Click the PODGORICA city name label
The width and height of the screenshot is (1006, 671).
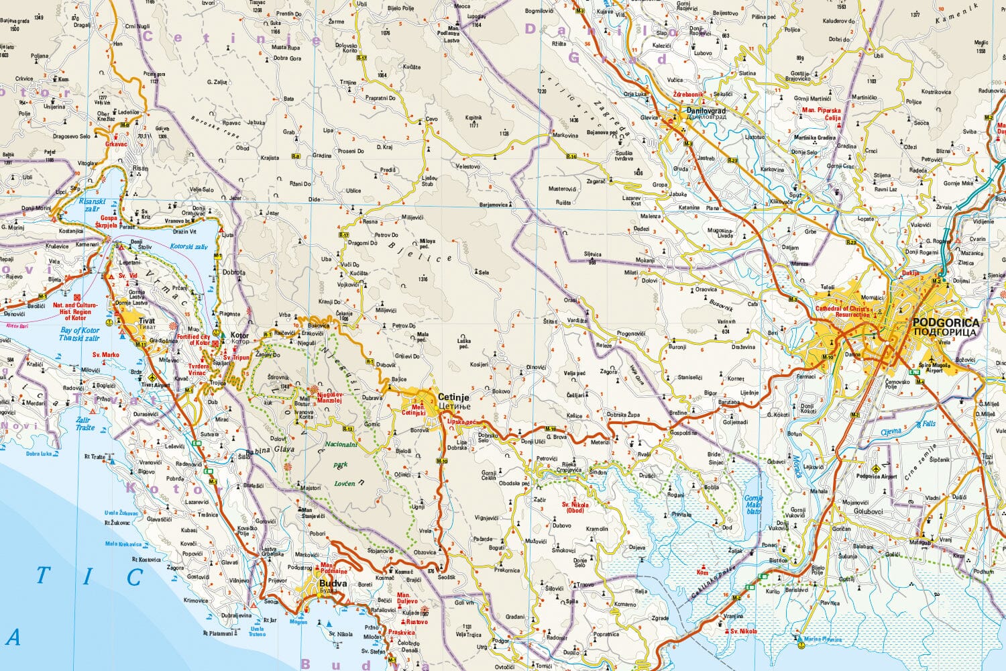[x=946, y=323]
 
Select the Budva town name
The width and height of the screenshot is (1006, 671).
[x=333, y=584]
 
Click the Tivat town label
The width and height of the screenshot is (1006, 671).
[x=146, y=321]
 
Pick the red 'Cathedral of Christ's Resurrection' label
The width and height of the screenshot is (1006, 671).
[x=843, y=311]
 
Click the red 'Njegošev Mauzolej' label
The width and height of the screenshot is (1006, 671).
[x=329, y=397]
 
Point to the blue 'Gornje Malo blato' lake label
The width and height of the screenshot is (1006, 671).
[x=753, y=504]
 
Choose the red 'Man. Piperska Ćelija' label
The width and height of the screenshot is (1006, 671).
[x=822, y=113]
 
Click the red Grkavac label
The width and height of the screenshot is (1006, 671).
[x=116, y=144]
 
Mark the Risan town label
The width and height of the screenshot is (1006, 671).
[x=140, y=168]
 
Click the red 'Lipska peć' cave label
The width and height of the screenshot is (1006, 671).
[x=461, y=422]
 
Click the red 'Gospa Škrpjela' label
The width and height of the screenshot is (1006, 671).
[x=109, y=221]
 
